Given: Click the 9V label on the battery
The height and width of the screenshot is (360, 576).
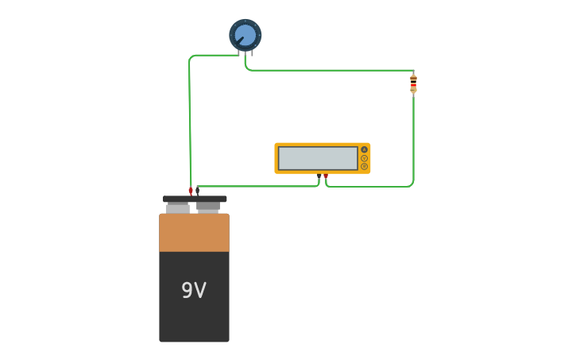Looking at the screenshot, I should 194,291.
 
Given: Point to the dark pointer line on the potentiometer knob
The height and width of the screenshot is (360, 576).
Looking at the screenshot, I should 239,41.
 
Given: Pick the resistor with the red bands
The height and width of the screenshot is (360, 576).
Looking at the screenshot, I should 413,83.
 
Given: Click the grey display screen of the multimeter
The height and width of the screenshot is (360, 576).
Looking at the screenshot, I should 318,158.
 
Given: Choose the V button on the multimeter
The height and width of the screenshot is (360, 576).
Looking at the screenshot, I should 365,158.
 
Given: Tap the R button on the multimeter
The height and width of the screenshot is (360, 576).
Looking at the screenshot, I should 365,166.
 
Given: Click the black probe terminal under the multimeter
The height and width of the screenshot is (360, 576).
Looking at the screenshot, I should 319,176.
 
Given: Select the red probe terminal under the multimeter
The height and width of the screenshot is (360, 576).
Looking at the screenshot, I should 326,176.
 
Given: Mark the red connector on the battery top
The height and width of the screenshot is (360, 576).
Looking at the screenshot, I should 191,191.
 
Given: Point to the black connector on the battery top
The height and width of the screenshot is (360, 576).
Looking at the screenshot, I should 198,191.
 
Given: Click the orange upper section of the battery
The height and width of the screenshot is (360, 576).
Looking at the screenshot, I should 194,233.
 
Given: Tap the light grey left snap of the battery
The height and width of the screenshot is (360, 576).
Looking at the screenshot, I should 177,208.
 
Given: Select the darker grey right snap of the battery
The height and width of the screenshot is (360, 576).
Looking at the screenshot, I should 208,207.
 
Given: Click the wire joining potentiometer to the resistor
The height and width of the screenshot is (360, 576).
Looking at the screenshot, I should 334,71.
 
